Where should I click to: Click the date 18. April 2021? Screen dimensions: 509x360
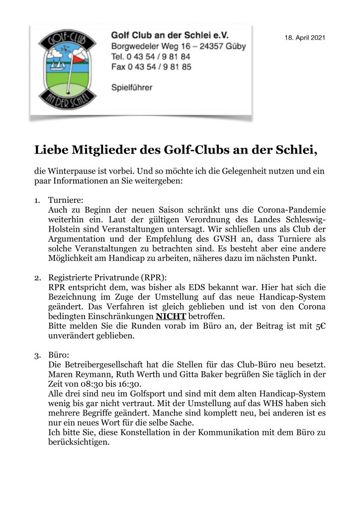[x=305, y=38]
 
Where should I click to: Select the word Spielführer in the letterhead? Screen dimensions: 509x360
[x=132, y=87]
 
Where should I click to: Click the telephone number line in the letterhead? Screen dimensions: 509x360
[x=151, y=56]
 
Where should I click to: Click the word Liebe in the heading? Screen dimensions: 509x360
[x=51, y=150]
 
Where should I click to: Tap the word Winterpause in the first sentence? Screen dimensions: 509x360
[x=69, y=171]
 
